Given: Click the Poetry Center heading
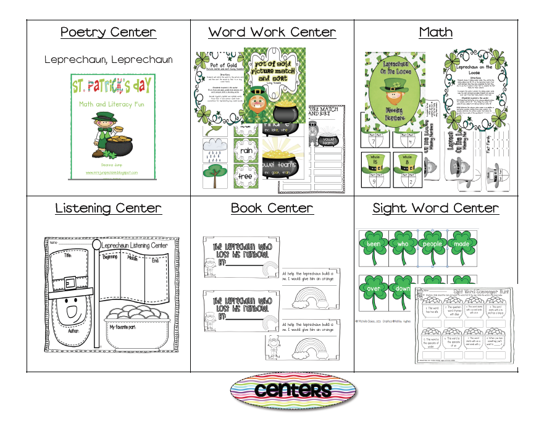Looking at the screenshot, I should click(107, 33).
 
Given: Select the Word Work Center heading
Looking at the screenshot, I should click(272, 33).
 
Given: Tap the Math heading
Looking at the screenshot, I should click(436, 33).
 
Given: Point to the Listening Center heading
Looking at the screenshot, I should click(108, 208).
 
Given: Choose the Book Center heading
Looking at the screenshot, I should click(272, 208).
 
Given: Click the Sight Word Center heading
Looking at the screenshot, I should click(435, 208).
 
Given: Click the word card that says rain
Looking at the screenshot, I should click(246, 151).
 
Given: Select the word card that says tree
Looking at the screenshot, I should click(246, 177).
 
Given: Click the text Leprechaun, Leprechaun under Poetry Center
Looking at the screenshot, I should click(108, 60).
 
